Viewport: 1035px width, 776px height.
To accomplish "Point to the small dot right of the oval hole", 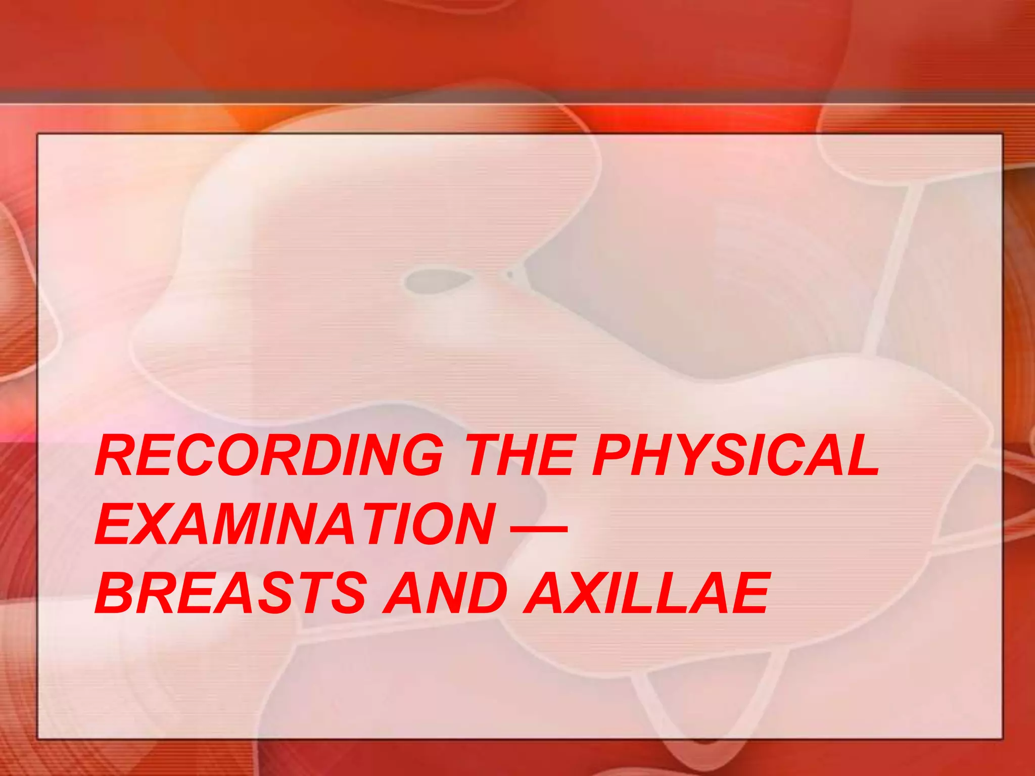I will click(509, 274).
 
